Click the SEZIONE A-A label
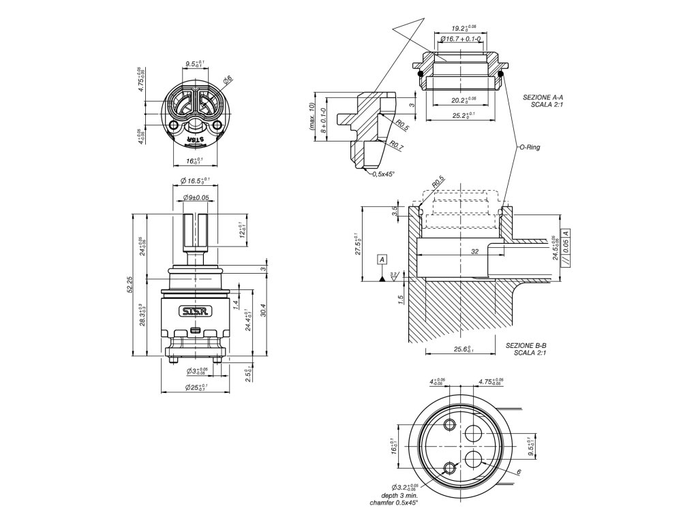pyautogui.click(x=543, y=98)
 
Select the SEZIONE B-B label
pyautogui.click(x=526, y=346)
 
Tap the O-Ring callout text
pyautogui.click(x=529, y=146)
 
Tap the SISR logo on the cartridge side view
pyautogui.click(x=197, y=311)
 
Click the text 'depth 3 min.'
pyautogui.click(x=398, y=496)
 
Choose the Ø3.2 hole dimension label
pyautogui.click(x=401, y=488)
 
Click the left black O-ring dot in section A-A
pyautogui.click(x=421, y=73)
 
